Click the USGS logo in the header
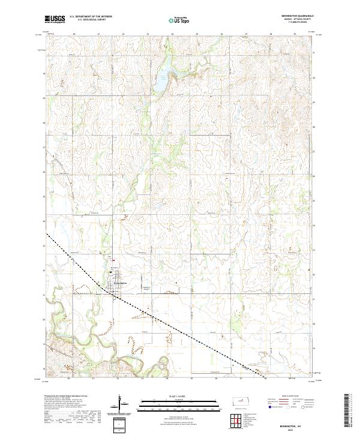(55, 20)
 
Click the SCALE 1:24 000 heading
(180, 395)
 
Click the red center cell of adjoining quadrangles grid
(234, 419)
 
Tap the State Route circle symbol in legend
(311, 406)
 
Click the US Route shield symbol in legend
(292, 406)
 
